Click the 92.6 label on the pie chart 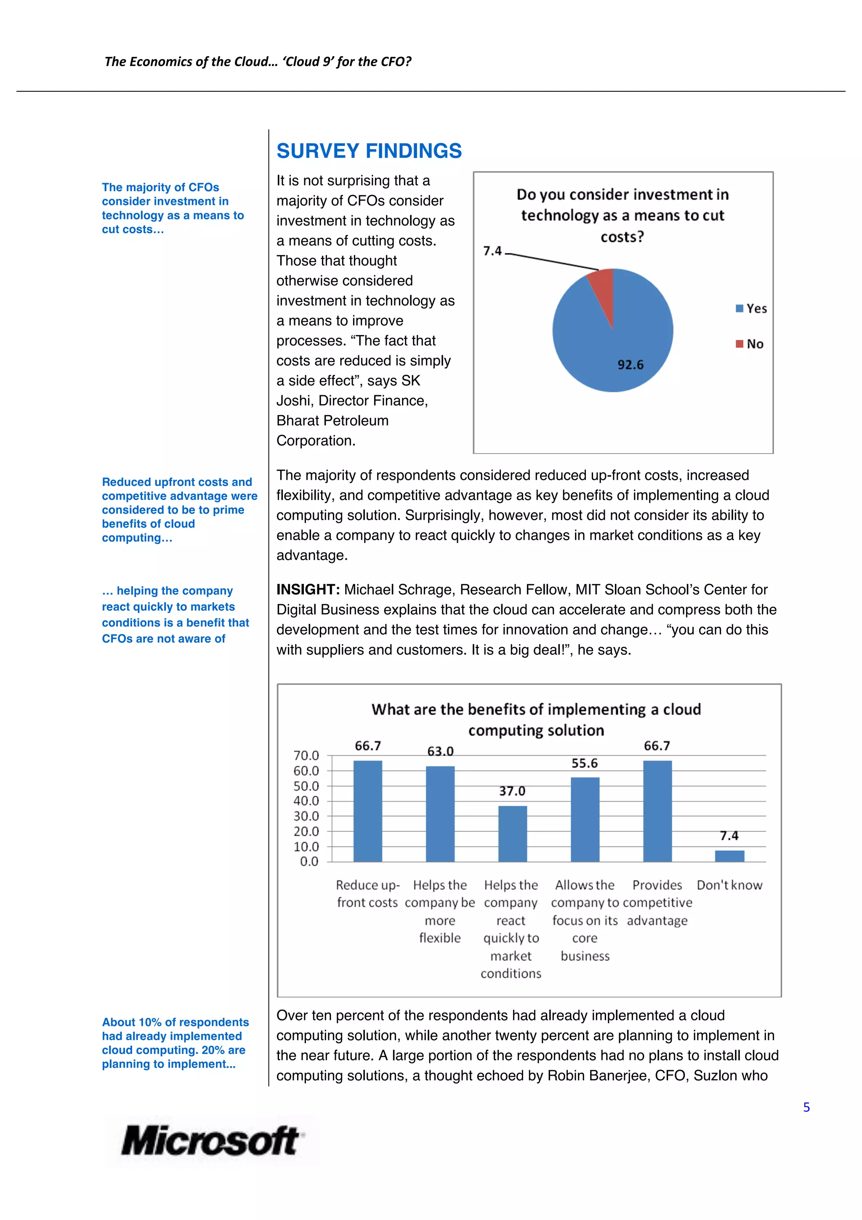630,365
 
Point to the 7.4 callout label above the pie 492,251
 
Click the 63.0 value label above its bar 440,751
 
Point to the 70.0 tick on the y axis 306,755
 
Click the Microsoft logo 211,1140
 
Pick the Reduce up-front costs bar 367,811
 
